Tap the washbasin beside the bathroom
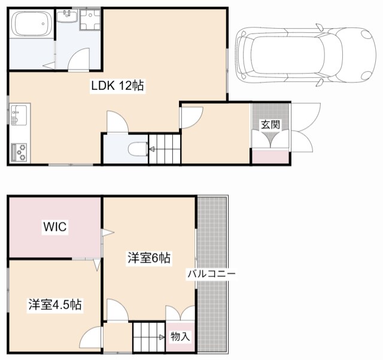(67, 16)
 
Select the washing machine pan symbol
(90, 20)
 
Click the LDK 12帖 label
(118, 86)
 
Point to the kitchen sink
(19, 114)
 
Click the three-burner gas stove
(19, 152)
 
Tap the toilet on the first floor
(138, 149)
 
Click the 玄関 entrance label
(270, 125)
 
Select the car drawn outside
(306, 54)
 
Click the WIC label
(54, 227)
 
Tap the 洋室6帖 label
(149, 258)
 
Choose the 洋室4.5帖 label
(55, 304)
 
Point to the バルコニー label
(211, 274)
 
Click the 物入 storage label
(180, 337)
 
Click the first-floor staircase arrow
(152, 149)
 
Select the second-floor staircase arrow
(162, 337)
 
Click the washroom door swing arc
(78, 59)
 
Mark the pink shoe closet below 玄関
(270, 157)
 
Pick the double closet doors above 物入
(180, 313)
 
